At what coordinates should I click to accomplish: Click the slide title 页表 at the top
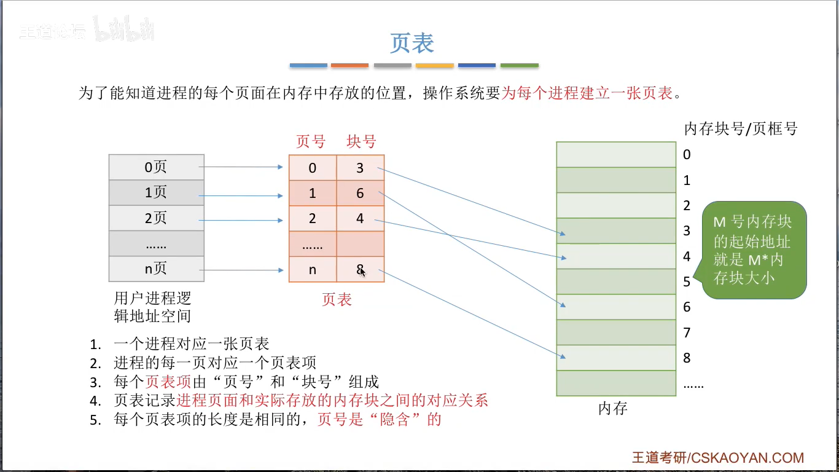point(412,43)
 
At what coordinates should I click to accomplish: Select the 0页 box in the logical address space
point(156,167)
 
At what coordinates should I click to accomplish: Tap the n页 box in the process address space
point(156,269)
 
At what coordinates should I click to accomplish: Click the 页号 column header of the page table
point(311,141)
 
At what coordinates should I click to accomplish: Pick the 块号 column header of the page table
point(361,141)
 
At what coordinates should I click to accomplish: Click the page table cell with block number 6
point(360,193)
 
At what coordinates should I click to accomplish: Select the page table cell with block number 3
point(360,167)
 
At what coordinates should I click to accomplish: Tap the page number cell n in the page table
point(313,269)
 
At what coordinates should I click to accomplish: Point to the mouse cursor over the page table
point(362,270)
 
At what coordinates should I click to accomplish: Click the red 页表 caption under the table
point(337,299)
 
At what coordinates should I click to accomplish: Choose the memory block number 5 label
point(687,281)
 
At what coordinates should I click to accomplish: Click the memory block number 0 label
point(687,155)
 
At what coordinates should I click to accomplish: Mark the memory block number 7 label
point(687,332)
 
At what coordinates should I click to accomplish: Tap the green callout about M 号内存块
point(754,250)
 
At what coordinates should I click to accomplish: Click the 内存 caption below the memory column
point(613,408)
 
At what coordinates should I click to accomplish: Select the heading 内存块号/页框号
point(741,129)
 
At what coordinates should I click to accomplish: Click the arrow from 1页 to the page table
point(243,196)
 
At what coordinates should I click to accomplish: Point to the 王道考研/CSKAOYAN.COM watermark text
point(718,458)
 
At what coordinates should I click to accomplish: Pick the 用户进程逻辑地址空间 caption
point(152,307)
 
